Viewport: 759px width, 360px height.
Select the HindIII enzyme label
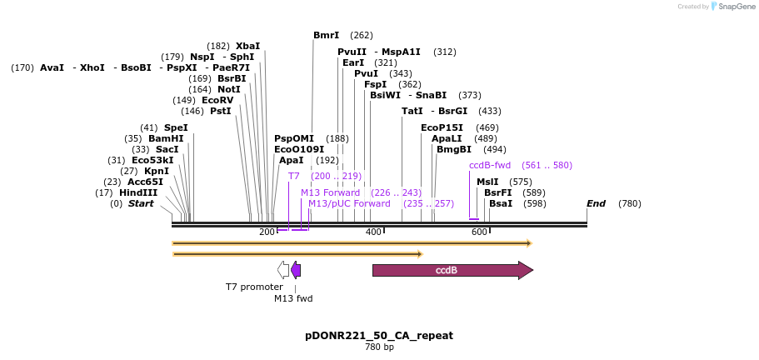coord(137,192)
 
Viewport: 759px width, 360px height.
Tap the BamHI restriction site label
coord(165,138)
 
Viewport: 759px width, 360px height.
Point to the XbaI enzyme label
coord(247,46)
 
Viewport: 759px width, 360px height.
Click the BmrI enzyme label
coord(326,35)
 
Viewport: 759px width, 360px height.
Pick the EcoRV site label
coord(217,100)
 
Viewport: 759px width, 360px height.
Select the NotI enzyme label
coord(228,89)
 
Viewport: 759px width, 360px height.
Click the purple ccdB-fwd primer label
coord(490,165)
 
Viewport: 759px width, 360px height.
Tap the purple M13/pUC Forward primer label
coord(349,203)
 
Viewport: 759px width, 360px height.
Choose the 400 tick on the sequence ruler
coord(373,232)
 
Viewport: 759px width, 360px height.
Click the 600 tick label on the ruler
coord(479,232)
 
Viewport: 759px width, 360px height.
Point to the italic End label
coord(596,203)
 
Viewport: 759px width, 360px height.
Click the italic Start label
coord(140,203)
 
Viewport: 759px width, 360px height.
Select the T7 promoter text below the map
coord(254,287)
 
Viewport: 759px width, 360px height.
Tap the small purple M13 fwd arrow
coord(295,269)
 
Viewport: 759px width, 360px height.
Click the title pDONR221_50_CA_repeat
coord(379,335)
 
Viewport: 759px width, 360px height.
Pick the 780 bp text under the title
coord(379,347)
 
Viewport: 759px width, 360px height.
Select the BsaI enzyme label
coord(501,203)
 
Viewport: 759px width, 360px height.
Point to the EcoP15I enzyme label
coord(442,127)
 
